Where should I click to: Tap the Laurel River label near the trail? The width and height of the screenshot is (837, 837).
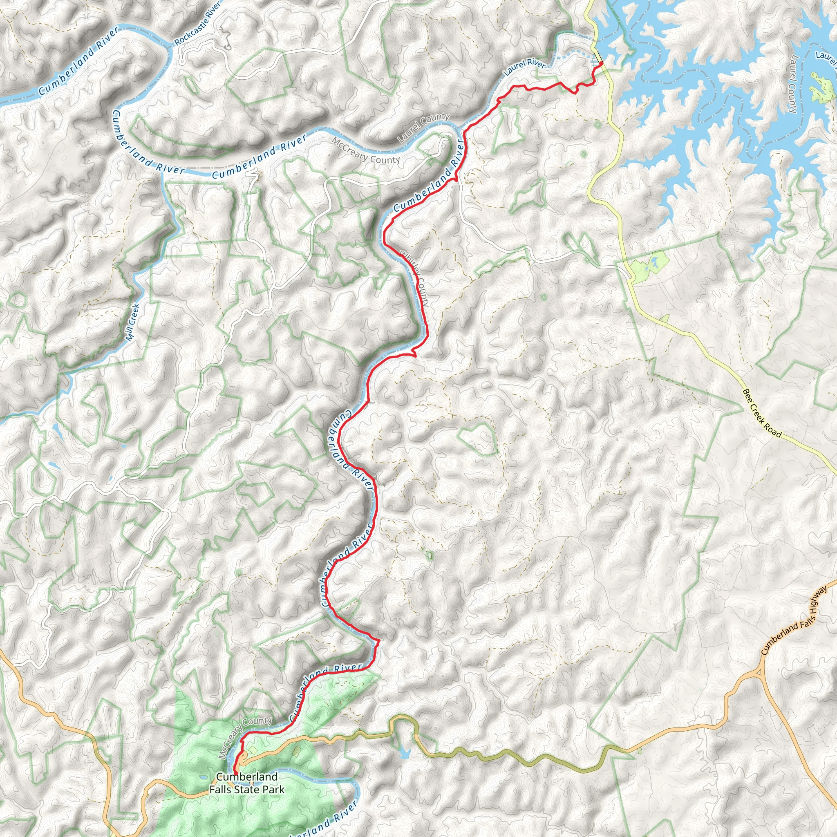tap(524, 67)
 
